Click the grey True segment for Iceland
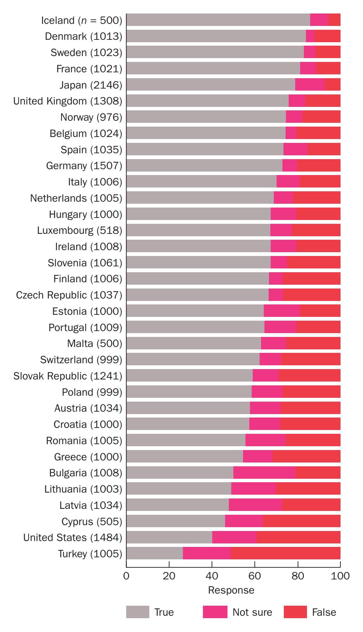coord(218,20)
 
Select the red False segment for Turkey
coord(286,553)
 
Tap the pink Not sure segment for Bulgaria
coord(264,473)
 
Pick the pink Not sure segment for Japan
coord(310,85)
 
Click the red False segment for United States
coord(298,537)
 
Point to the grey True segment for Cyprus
coord(176,521)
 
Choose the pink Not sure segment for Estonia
coord(281,311)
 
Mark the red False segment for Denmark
coord(327,36)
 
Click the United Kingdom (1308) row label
coord(68,101)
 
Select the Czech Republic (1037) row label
coord(69,295)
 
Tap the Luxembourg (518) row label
coord(80,230)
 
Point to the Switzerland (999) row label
coord(81,360)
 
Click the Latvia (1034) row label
coord(91,505)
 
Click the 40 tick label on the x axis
coord(212,576)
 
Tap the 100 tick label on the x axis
coord(341,576)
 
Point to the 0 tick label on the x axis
coord(127,576)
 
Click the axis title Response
coord(231,590)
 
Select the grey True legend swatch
coord(138,612)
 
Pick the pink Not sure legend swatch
coord(215,612)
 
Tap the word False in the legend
coord(324,612)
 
